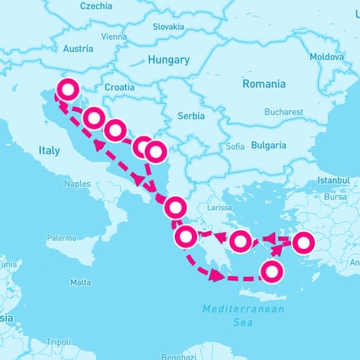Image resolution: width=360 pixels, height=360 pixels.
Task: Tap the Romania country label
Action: coord(264,84)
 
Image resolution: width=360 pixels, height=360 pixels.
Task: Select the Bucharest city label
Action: coord(283,112)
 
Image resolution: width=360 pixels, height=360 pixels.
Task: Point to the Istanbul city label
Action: coord(333,181)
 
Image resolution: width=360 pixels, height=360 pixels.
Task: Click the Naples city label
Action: coord(77,183)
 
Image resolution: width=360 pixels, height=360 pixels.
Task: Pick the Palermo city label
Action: coord(61,238)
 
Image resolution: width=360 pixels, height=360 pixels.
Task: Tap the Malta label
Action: coord(80,282)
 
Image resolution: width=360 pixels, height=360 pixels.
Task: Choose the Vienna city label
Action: coord(114,36)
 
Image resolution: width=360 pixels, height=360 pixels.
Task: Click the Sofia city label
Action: coord(235,147)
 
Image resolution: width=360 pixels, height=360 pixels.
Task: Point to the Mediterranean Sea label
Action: coord(244,315)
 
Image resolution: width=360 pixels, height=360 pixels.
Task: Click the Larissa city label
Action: coord(220,207)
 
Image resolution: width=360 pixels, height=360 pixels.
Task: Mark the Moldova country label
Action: coord(326,56)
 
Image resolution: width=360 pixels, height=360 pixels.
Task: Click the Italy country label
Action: coord(49,151)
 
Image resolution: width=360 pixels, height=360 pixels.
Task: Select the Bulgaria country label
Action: coord(268,145)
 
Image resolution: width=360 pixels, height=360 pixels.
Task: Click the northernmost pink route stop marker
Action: coord(67,90)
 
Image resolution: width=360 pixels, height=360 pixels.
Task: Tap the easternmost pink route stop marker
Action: coord(304,242)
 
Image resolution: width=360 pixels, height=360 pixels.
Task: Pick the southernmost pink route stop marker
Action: coord(272,271)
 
